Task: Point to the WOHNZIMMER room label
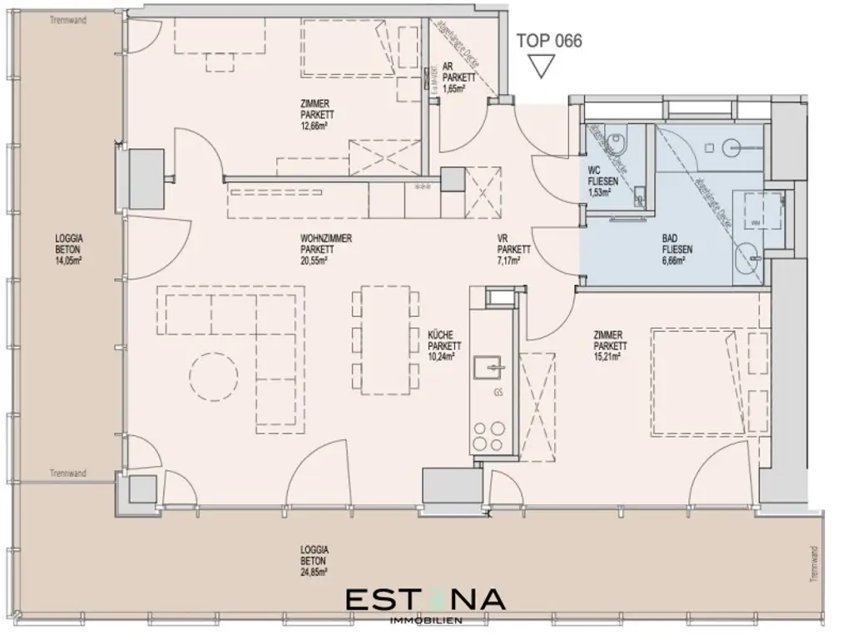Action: pos(326,239)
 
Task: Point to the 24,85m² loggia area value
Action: pos(315,572)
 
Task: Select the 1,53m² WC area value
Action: pos(600,192)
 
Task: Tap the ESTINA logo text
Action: pos(424,600)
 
